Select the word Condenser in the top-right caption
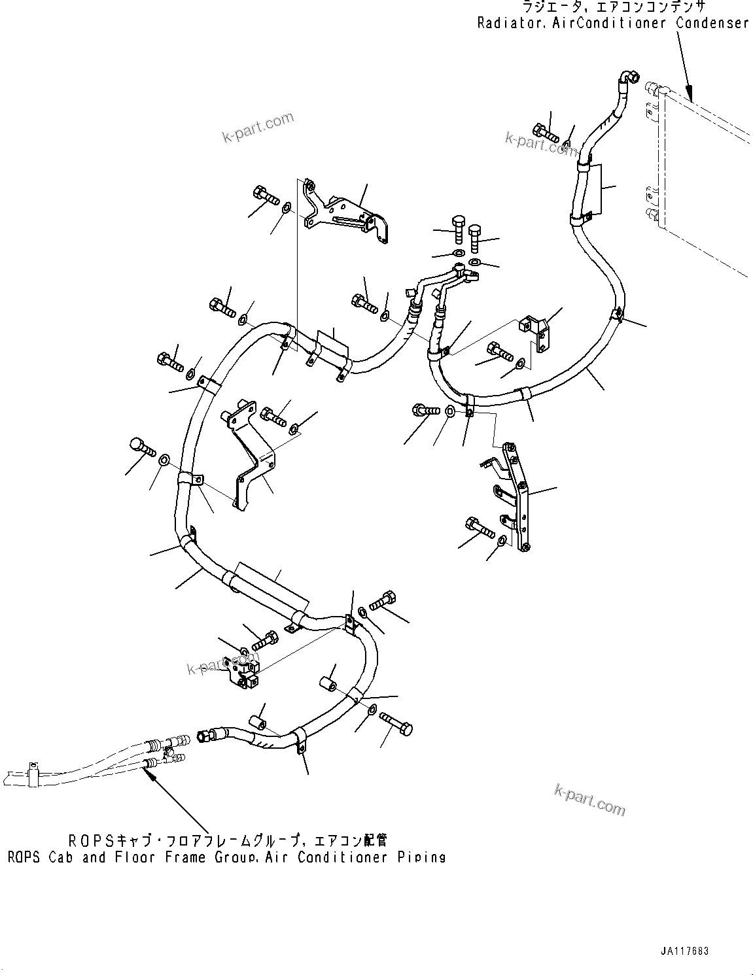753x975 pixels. click(712, 23)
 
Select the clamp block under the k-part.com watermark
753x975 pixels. click(242, 674)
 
